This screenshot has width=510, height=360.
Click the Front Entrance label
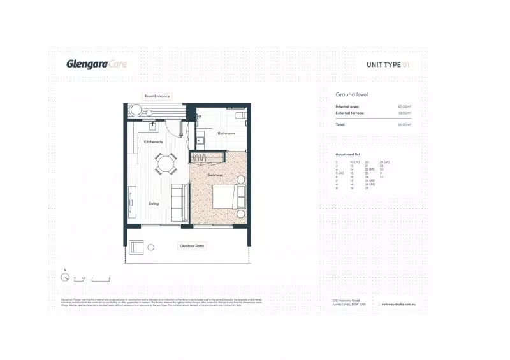coord(157,96)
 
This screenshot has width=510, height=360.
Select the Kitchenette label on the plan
coord(154,141)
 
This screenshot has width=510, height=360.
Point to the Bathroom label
coord(226,133)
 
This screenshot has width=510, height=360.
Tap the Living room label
coord(154,204)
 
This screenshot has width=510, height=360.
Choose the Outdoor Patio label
coord(193,246)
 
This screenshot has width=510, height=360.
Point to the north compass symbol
coord(65,278)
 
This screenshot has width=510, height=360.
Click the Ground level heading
coord(352,94)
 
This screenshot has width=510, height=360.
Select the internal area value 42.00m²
coord(404,106)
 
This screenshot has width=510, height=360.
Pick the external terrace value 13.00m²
coord(404,113)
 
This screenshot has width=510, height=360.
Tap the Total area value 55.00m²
coord(404,125)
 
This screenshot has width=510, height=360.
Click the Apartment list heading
coord(348,155)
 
